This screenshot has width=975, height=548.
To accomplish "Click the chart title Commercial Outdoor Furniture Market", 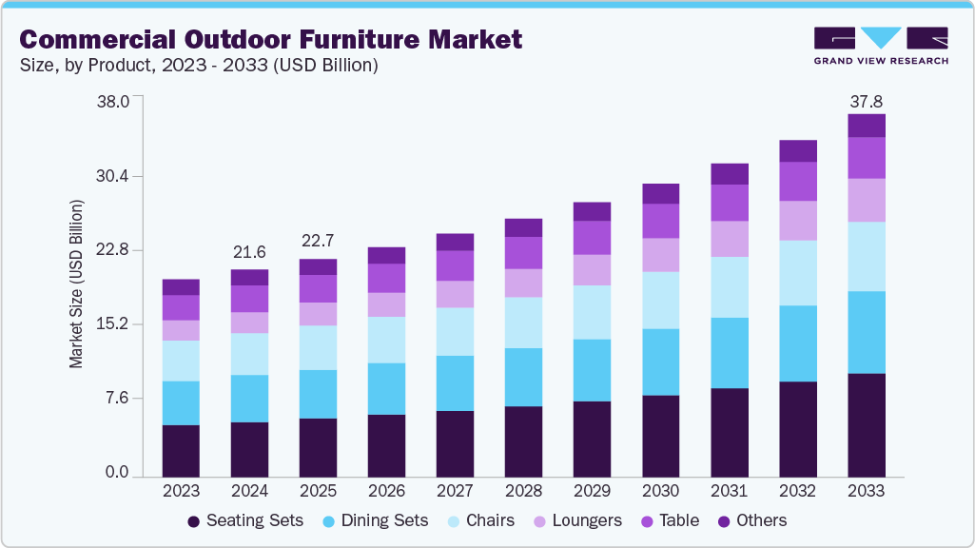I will point(270,39).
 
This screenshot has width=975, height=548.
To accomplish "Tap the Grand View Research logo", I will point(881,45).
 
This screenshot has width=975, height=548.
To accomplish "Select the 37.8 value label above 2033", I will point(867,102).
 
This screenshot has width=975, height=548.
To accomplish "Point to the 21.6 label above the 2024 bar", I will point(249,253).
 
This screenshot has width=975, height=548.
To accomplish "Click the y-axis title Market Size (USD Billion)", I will point(77,284).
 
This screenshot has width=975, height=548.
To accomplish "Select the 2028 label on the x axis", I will point(523,492).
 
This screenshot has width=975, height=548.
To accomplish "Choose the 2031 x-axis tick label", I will point(729,492).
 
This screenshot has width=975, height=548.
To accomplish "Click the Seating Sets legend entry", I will point(244,520).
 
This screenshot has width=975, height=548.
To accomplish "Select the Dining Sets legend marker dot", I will point(328,521).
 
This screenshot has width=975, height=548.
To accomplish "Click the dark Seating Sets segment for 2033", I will point(867,424).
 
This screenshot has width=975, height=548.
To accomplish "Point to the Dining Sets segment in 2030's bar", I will point(660,362).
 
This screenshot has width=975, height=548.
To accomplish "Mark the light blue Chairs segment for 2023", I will point(181,361).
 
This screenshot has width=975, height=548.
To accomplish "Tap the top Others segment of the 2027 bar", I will point(455,242).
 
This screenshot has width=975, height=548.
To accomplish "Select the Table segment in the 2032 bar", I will point(798,181).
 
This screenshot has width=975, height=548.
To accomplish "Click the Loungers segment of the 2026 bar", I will point(386,304).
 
